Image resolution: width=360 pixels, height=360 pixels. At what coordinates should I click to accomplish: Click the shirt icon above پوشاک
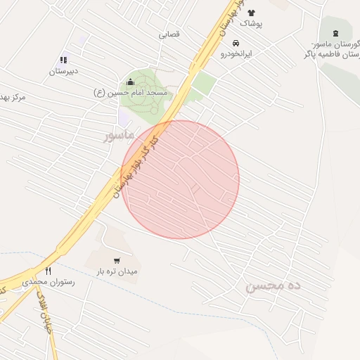click(x=251, y=13)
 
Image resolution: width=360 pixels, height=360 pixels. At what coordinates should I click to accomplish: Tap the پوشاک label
click(x=251, y=23)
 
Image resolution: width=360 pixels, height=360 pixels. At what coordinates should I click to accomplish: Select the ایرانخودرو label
click(x=236, y=53)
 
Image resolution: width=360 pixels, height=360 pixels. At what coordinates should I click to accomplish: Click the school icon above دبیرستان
click(x=63, y=60)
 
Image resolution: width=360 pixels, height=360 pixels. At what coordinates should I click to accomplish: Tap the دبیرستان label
click(x=63, y=71)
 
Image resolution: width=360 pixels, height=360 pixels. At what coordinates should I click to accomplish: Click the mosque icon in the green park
click(x=130, y=82)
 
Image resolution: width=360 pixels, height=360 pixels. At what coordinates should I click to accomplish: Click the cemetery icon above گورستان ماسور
click(x=334, y=33)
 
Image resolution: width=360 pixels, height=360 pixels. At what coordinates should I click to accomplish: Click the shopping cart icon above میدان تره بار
click(x=117, y=260)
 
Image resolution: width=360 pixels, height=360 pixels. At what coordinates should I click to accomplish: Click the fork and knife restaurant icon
click(x=48, y=271)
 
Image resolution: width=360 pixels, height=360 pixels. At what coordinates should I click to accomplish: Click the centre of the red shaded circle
click(x=181, y=179)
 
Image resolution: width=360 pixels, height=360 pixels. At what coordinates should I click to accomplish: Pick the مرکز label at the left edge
click(x=13, y=97)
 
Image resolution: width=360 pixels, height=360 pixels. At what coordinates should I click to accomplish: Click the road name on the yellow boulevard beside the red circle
click(x=135, y=167)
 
